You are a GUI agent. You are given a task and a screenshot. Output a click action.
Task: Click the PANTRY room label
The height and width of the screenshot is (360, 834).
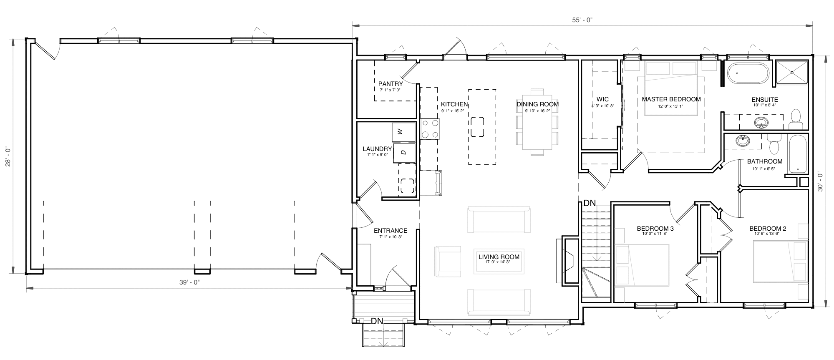391,84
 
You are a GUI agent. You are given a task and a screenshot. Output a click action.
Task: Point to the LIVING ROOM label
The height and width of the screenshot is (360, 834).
499,257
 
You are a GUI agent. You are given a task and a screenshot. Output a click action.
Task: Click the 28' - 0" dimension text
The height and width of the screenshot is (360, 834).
7,156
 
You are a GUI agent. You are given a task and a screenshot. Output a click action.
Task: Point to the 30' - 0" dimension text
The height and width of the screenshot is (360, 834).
820,181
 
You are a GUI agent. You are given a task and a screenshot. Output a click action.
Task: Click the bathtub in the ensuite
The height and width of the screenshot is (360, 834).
748,74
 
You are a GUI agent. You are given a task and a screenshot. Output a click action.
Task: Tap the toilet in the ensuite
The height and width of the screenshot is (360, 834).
796,119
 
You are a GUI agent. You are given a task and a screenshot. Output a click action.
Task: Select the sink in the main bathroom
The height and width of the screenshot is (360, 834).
743,141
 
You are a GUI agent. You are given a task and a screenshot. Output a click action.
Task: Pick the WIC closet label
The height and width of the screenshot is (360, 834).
602,99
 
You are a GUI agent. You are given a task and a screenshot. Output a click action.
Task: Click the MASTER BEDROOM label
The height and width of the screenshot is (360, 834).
671,99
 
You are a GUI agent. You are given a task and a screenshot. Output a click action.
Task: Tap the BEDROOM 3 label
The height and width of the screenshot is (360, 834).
655,229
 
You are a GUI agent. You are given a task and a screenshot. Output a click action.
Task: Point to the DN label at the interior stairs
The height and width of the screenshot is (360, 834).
590,204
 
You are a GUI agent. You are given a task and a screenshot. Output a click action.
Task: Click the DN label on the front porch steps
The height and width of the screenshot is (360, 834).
377,321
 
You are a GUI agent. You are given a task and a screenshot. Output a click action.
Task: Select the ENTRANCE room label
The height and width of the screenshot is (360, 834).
391,231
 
